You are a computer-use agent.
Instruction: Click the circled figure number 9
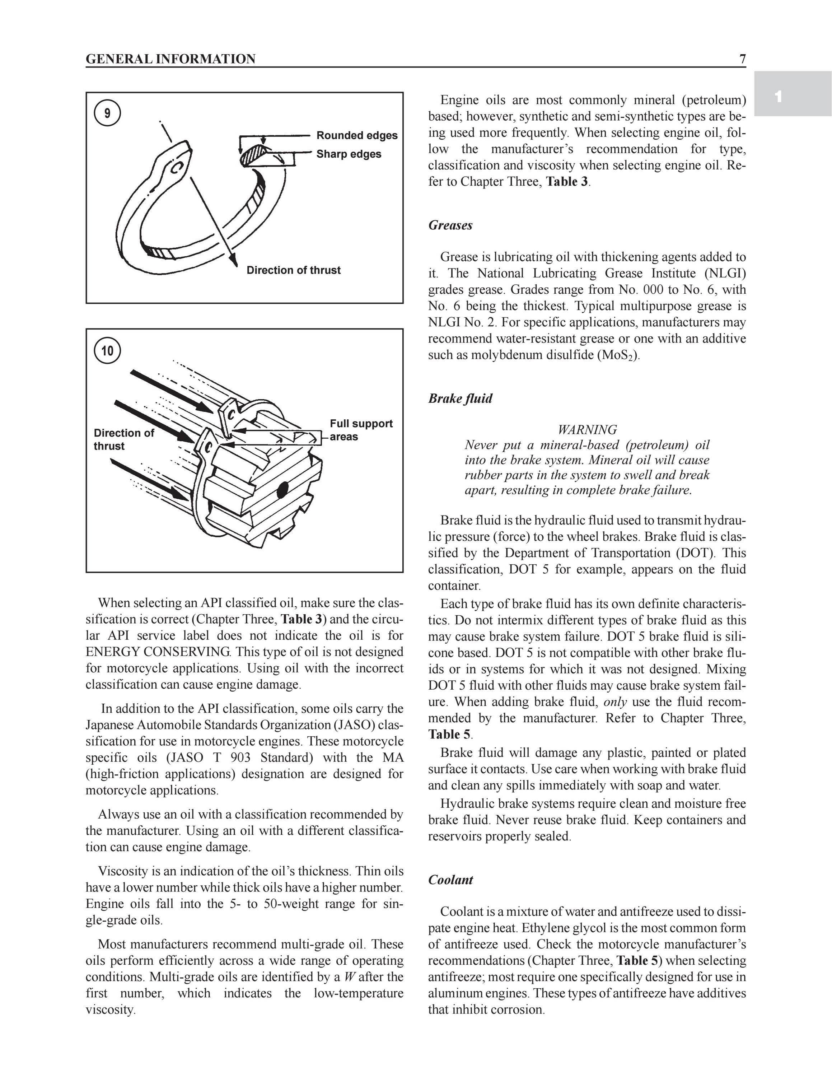107,113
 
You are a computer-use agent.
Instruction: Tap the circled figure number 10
107,351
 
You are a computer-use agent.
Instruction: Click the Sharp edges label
349,154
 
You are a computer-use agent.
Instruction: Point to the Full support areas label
361,430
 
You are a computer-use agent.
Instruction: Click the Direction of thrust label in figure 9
293,270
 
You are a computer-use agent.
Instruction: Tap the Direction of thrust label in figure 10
124,439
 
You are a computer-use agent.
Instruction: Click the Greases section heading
450,225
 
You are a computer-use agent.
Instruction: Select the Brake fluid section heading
460,398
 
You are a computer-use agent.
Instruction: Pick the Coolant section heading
450,880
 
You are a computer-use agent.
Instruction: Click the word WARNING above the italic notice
587,429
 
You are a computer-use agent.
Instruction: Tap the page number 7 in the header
742,59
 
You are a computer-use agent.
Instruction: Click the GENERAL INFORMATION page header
170,59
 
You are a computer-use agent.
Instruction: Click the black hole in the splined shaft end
282,490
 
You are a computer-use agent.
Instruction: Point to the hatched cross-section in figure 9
252,154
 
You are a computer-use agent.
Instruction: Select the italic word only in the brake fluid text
615,702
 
